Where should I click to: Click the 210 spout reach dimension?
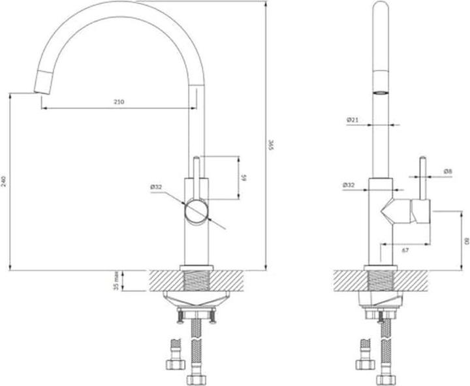(x=119, y=102)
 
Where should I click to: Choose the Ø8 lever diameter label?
(x=448, y=171)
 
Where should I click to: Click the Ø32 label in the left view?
(x=156, y=187)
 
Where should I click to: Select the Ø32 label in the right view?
(x=349, y=185)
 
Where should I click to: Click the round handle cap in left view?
(x=196, y=212)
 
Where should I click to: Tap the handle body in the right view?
(x=420, y=212)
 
